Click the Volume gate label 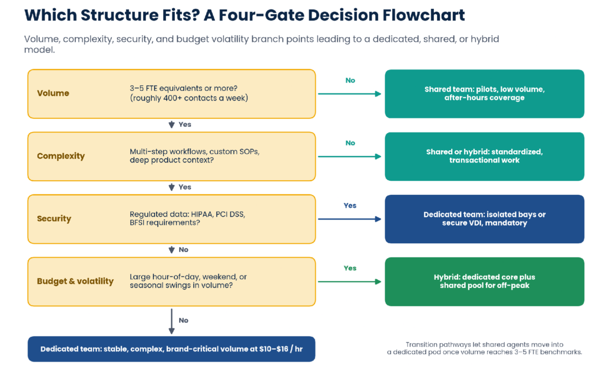[x=53, y=93]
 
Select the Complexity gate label [x=61, y=156]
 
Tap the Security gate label [x=54, y=218]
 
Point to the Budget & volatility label [x=75, y=281]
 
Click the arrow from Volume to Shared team [x=350, y=94]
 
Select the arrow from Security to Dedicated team [x=350, y=219]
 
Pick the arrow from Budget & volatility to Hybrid [x=350, y=282]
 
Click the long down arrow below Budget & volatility [x=171, y=322]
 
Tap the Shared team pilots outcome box [x=485, y=94]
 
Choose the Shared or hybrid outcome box [x=485, y=157]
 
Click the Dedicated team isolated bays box [x=485, y=219]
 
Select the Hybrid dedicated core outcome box [x=485, y=282]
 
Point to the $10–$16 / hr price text [x=281, y=349]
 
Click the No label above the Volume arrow [x=350, y=80]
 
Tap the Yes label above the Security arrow [x=350, y=206]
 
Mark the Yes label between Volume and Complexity [x=185, y=125]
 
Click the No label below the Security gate [x=184, y=250]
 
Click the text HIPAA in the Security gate [x=203, y=214]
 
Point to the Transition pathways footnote [x=485, y=348]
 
